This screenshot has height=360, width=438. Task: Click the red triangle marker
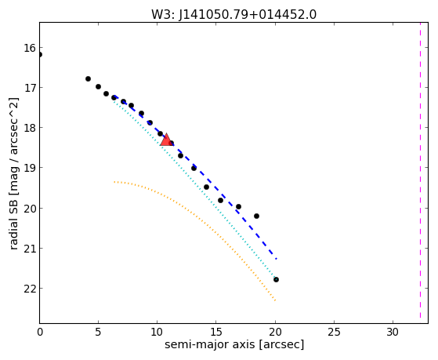[166, 140]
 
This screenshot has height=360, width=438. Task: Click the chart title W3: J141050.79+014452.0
[233, 15]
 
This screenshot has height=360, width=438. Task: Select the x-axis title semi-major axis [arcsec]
[234, 344]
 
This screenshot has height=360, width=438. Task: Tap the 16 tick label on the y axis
[30, 48]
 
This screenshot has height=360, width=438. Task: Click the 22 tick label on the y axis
[30, 288]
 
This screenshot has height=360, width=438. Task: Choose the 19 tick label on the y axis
[30, 168]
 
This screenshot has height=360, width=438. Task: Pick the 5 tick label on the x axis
[98, 332]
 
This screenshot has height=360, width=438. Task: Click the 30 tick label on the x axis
[393, 332]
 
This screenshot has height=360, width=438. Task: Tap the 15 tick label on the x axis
[216, 332]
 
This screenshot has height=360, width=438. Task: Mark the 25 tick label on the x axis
[334, 332]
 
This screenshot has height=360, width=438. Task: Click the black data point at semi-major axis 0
[40, 55]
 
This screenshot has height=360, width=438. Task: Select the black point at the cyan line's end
[276, 279]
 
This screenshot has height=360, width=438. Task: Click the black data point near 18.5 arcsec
[256, 216]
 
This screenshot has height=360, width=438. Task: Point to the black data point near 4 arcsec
[88, 79]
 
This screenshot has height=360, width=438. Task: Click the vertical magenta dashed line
[420, 170]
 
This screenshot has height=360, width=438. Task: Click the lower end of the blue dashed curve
[277, 259]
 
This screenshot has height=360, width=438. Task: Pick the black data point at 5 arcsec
[98, 87]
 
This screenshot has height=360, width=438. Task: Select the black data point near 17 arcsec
[238, 207]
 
